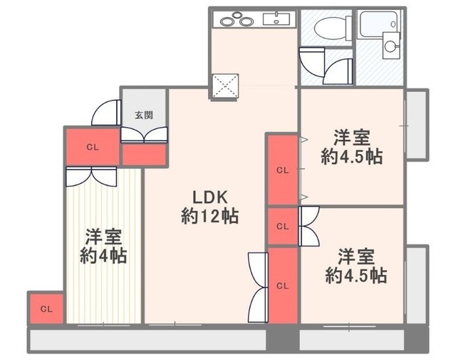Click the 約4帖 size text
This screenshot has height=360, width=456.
(x=103, y=256)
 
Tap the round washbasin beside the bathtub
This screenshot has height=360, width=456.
(x=390, y=47)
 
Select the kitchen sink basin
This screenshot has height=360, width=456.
(x=276, y=19)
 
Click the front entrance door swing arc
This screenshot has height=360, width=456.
(x=106, y=113)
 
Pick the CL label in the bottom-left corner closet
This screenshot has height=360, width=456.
(x=46, y=309)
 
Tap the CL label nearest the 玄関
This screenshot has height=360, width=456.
(x=92, y=147)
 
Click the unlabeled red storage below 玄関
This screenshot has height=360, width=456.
(x=143, y=155)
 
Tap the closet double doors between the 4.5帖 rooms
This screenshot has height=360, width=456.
(x=309, y=226)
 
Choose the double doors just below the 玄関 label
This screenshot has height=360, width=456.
(x=143, y=135)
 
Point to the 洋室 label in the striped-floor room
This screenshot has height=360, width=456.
(x=103, y=236)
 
